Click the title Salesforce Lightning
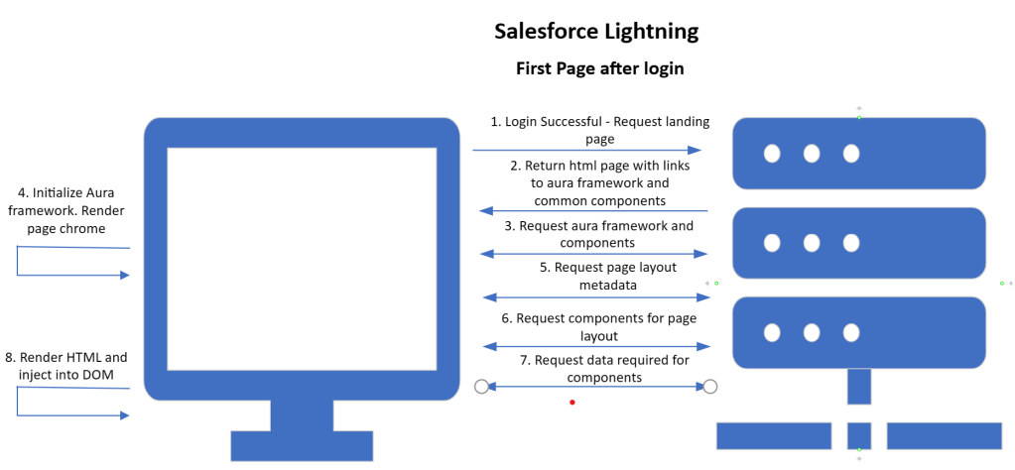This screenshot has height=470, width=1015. point(596,32)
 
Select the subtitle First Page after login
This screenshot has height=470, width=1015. point(599,68)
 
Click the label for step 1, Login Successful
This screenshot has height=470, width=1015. point(600,129)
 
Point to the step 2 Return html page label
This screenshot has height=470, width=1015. point(600,183)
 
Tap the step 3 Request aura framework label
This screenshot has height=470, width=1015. point(597,235)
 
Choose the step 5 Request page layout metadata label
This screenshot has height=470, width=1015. point(598,276)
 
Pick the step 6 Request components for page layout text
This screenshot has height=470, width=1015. point(598,327)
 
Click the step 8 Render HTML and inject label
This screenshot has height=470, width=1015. point(66,365)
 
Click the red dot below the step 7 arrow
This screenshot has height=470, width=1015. point(572,403)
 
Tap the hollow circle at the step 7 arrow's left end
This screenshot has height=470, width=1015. point(481,387)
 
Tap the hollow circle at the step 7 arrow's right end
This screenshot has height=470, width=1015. point(710,387)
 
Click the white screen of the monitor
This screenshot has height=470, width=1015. point(303,259)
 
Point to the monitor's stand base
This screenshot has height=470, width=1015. point(303,445)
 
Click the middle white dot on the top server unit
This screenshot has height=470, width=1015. point(812,154)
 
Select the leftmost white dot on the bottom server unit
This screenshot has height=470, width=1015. point(772,332)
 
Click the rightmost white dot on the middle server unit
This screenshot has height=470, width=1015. point(851,243)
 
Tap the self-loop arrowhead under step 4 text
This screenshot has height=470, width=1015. point(126,276)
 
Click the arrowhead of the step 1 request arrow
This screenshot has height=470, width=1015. point(695,150)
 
